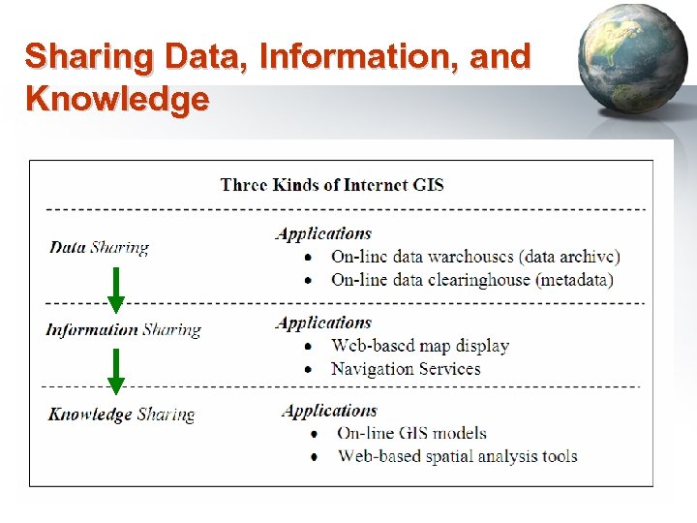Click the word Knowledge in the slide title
117,99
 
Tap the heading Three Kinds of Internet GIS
332,184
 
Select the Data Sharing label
99,247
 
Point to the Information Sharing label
123,329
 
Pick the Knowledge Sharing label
121,415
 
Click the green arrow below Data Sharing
115,289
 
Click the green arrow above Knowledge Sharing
115,372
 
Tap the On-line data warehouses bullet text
475,257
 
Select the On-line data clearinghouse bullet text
471,280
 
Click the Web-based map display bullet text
419,346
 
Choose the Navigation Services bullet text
406,369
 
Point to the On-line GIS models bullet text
411,433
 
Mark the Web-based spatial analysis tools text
457,456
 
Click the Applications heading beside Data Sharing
323,233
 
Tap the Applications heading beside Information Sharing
323,323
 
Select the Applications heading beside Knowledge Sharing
329,411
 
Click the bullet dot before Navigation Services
308,370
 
